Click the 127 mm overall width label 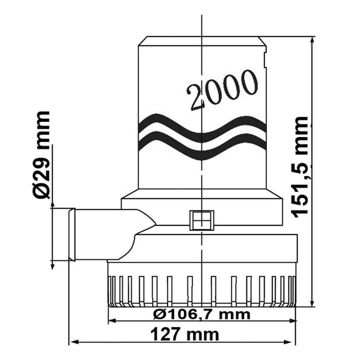click(184, 334)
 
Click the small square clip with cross click(202, 220)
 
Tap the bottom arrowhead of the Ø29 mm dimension click(52, 265)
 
